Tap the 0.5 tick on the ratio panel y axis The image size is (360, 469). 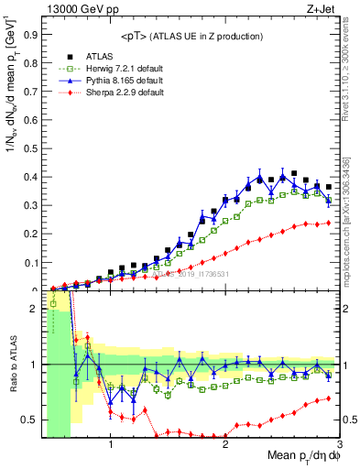coord(32,420)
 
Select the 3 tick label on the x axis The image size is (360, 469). coord(341,446)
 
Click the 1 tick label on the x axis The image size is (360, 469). coord(111,446)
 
